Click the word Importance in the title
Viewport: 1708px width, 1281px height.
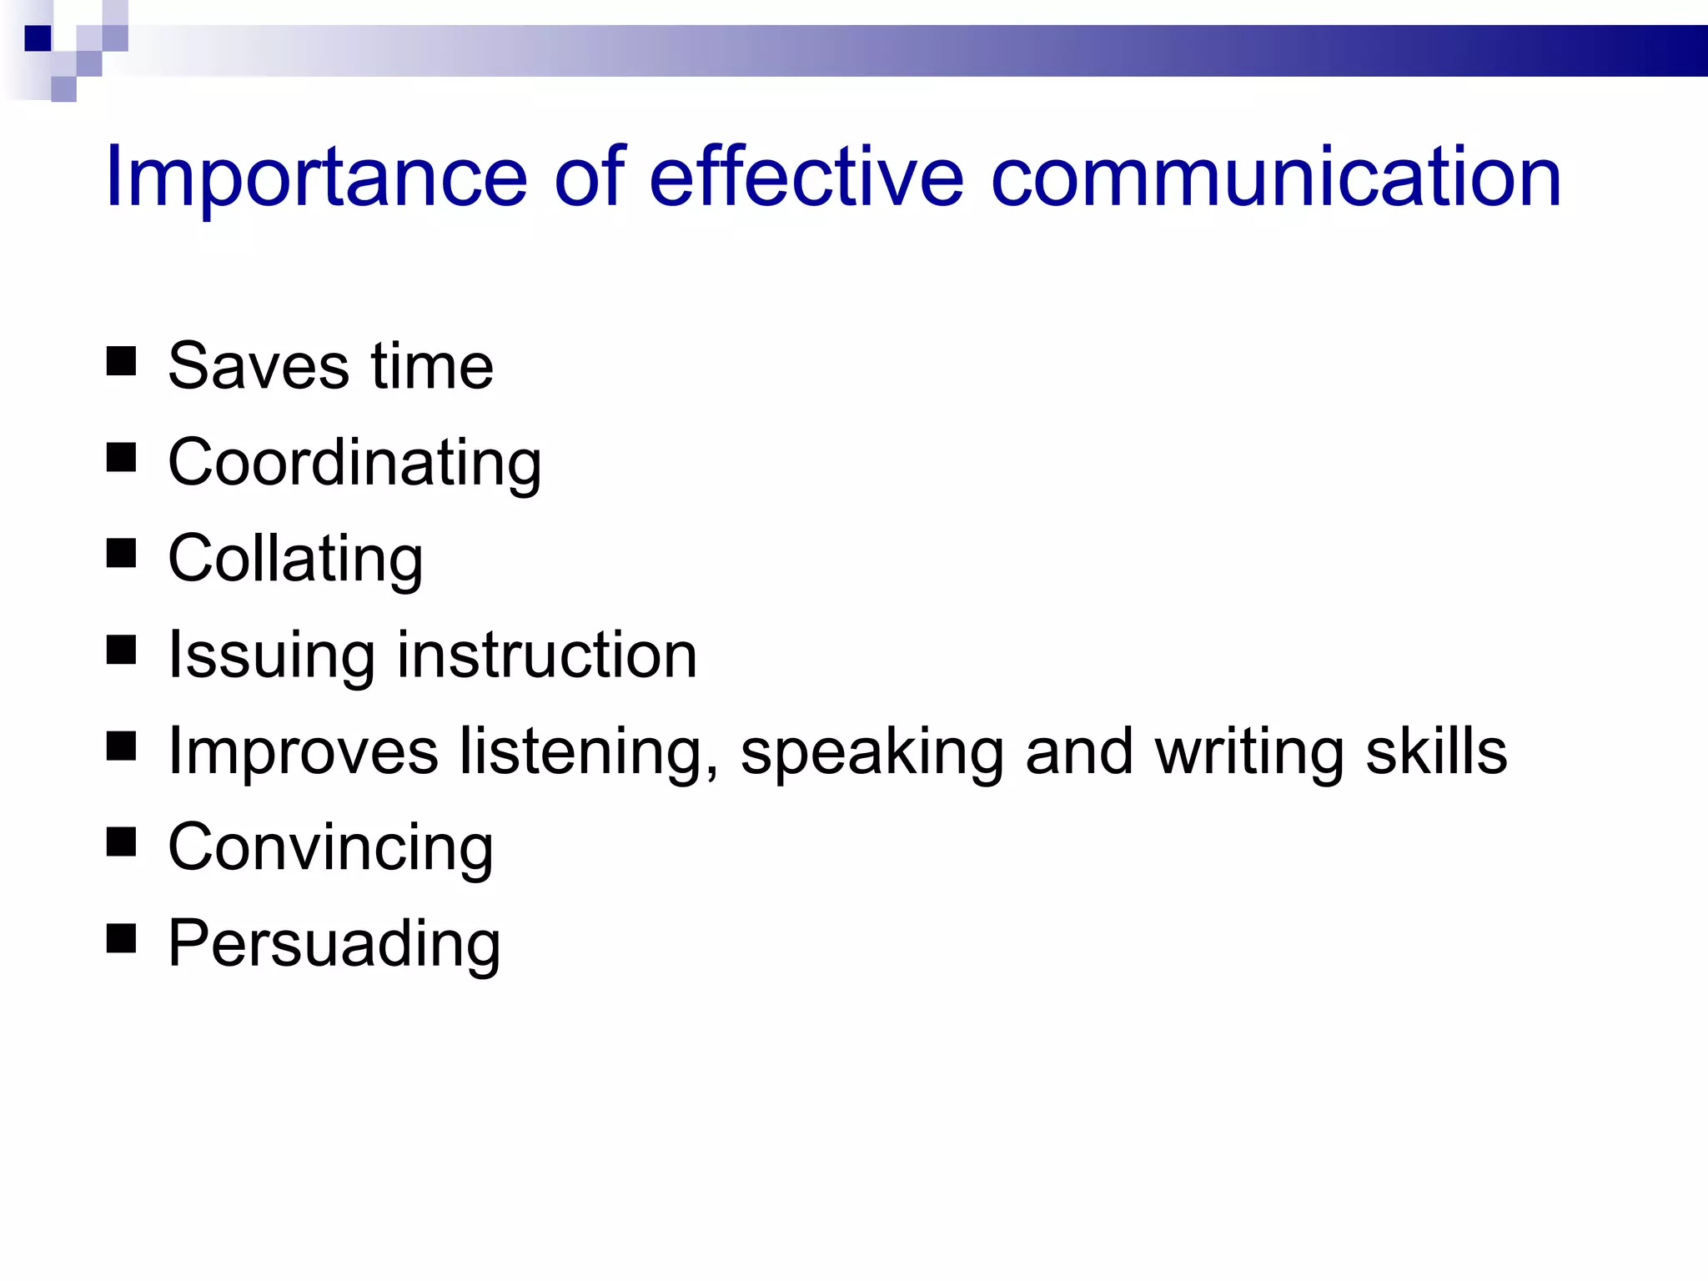pyautogui.click(x=316, y=178)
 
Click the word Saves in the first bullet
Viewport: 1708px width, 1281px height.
pyautogui.click(x=259, y=366)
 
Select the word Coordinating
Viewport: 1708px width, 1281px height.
pyautogui.click(x=354, y=464)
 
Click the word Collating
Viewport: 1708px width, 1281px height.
pyautogui.click(x=295, y=560)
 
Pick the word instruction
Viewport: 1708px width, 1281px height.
pyautogui.click(x=546, y=655)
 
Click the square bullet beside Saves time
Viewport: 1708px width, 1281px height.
pyautogui.click(x=122, y=362)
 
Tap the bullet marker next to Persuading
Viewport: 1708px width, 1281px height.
pyautogui.click(x=122, y=938)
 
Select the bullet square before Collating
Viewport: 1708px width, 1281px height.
pyautogui.click(x=122, y=554)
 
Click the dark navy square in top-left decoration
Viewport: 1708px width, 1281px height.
pyautogui.click(x=38, y=38)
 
